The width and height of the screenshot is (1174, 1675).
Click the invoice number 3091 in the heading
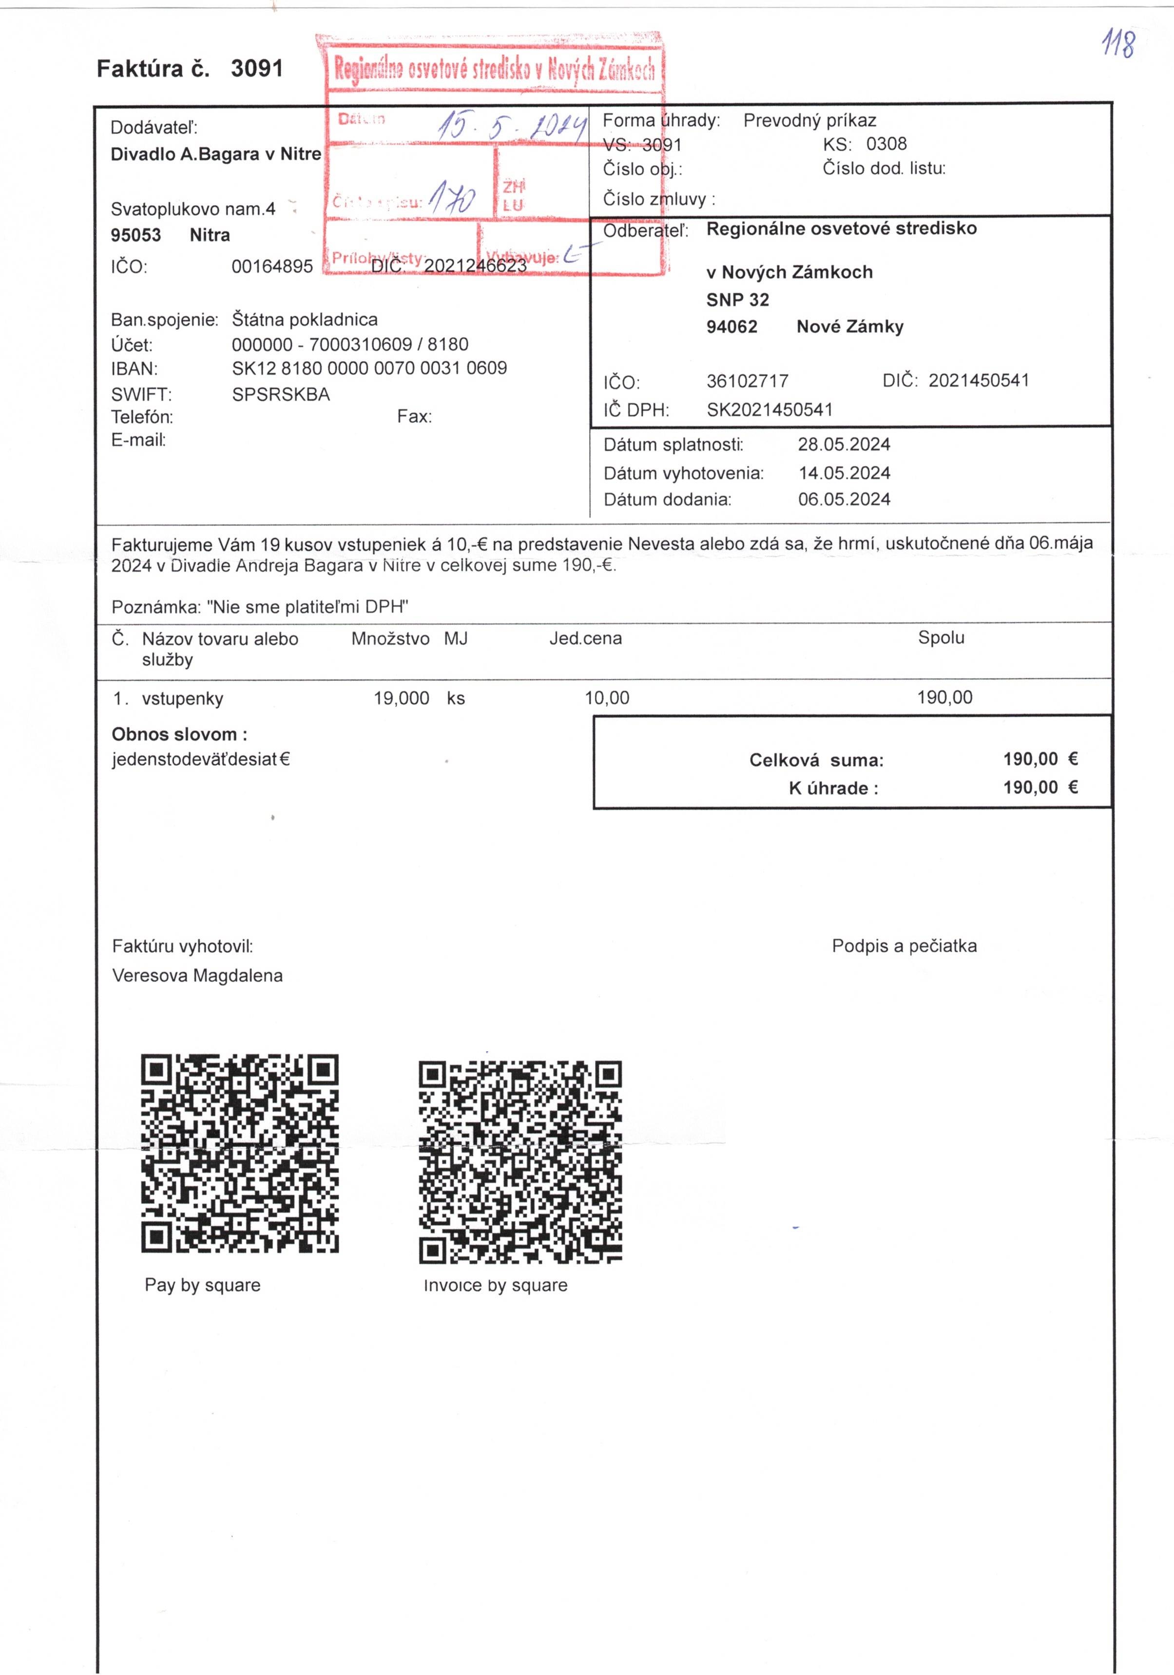point(256,69)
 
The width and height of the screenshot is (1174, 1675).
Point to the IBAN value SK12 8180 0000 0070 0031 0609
point(369,368)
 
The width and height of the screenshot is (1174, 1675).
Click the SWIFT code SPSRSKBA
point(281,395)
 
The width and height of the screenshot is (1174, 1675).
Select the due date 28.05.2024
point(844,444)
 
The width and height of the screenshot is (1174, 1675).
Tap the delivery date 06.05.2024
point(844,500)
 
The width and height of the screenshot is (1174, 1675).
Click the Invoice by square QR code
point(520,1161)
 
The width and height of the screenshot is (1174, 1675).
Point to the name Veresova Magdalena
point(197,975)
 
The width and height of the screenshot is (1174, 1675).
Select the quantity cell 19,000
point(401,698)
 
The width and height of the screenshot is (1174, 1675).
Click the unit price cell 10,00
point(606,698)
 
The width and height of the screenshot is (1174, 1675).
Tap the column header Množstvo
point(390,639)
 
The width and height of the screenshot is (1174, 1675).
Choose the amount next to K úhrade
point(1040,787)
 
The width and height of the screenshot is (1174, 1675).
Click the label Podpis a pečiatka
point(904,946)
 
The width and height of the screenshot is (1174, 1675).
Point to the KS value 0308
point(886,144)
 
